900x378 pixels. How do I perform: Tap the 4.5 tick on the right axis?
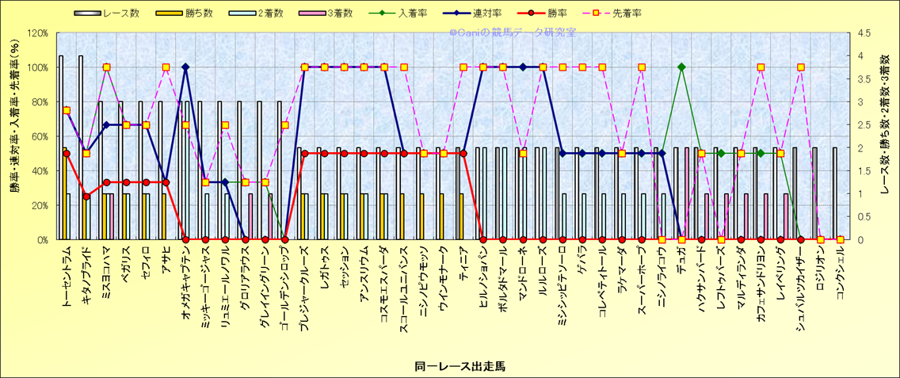[x=858, y=33]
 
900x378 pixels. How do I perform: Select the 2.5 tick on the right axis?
[x=858, y=125]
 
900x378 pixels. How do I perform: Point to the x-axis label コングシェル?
[x=840, y=273]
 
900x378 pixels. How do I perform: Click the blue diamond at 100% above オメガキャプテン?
[x=185, y=67]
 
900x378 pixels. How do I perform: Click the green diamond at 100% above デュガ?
[x=681, y=67]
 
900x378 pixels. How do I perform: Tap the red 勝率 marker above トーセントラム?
[x=67, y=154]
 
